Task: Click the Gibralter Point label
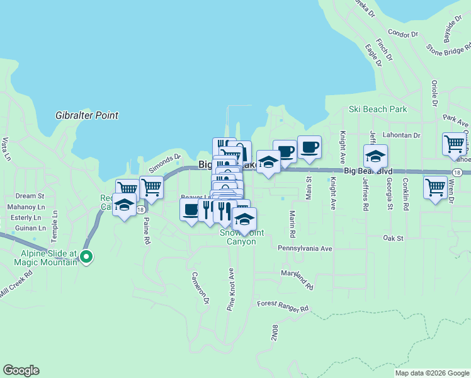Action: tap(87, 115)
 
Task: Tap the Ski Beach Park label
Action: tap(378, 109)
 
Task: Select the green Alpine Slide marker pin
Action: tap(88, 256)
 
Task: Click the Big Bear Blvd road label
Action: tap(368, 171)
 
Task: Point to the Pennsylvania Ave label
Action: tap(305, 248)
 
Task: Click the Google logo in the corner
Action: tap(21, 370)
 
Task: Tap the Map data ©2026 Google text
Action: tap(432, 373)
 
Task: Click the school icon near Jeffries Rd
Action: tap(375, 156)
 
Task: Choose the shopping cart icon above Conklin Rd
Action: tap(435, 187)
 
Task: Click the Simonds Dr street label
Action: tap(164, 165)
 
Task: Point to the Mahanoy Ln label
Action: tap(26, 207)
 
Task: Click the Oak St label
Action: tap(393, 238)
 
